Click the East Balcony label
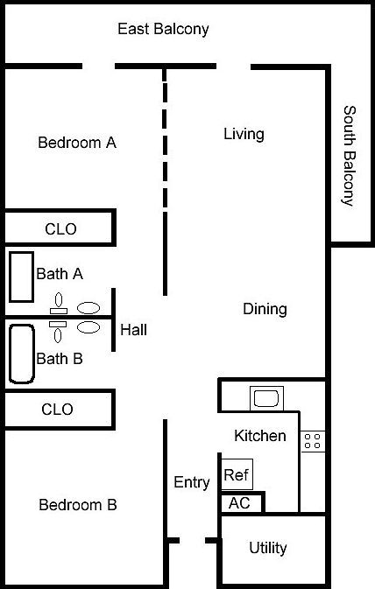[163, 29]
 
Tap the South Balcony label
[350, 156]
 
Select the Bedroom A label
[77, 143]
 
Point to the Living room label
[244, 135]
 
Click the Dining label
[265, 309]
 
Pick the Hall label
[133, 330]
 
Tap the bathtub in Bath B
[22, 354]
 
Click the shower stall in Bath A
[21, 277]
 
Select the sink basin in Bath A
[88, 308]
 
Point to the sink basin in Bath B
[88, 327]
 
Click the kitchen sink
[266, 398]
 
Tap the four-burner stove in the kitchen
[313, 441]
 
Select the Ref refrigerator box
[237, 474]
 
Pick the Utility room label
[268, 548]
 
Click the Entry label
[192, 482]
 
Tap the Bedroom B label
[78, 505]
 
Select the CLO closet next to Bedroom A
[59, 228]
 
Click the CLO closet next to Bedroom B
[58, 409]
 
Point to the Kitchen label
[260, 436]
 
